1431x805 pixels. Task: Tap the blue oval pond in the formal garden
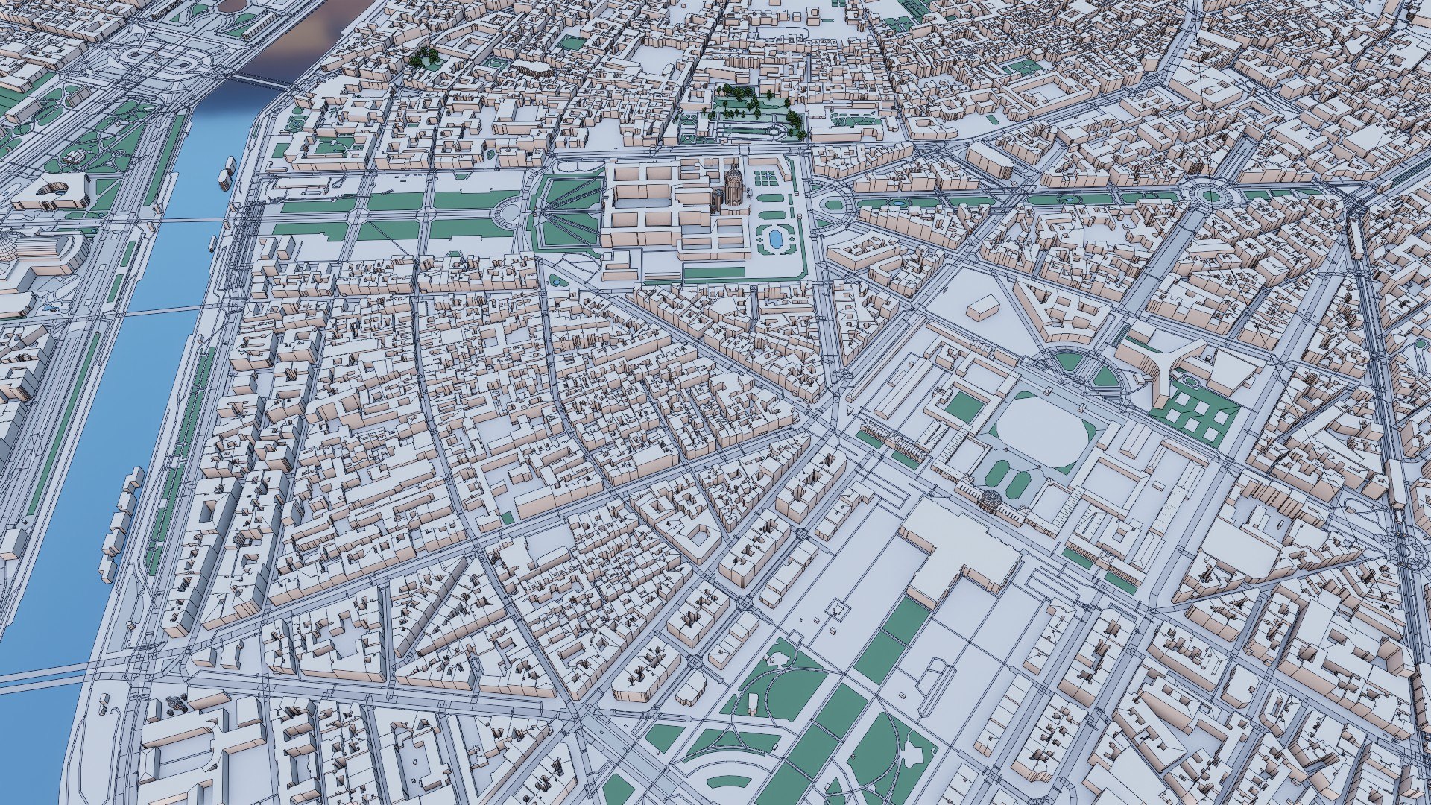pos(776,238)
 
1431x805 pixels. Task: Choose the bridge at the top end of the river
pos(257,79)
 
